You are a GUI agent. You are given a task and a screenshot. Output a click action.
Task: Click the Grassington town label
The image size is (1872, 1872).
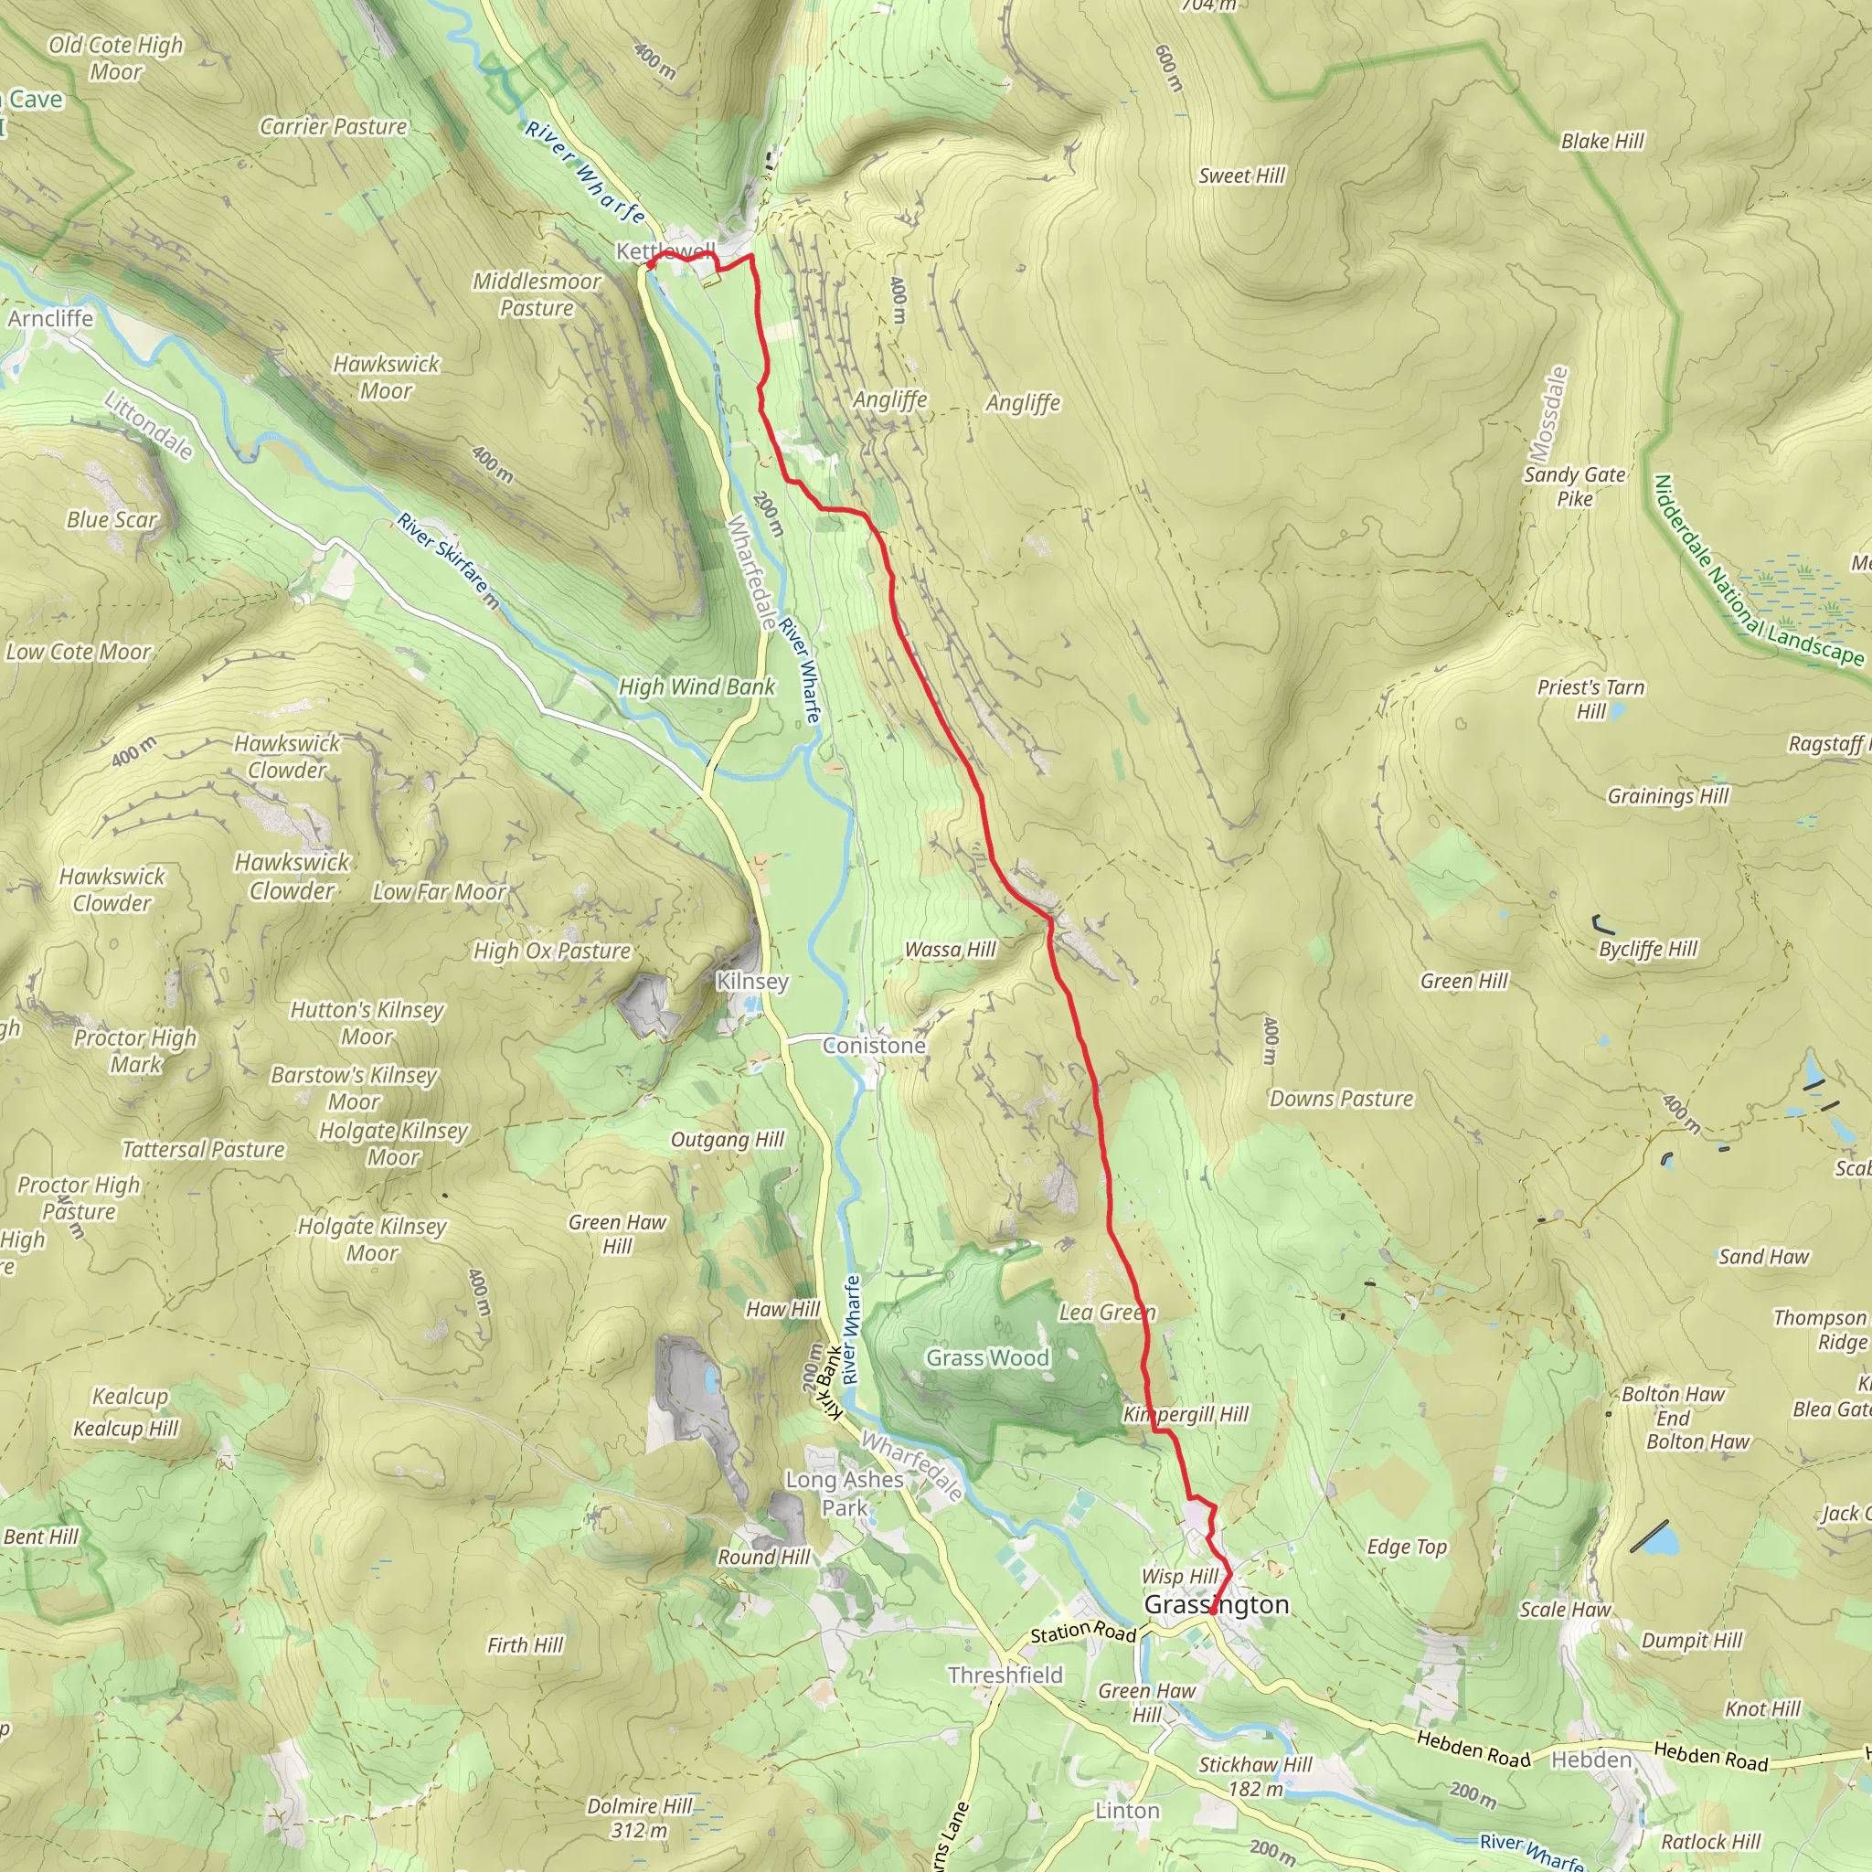(x=1216, y=1604)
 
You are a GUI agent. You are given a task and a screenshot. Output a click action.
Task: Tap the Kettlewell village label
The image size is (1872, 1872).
(x=665, y=251)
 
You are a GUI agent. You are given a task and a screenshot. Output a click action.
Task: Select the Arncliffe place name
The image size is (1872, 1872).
(x=50, y=319)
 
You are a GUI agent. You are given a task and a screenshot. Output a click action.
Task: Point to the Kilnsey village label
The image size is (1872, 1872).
(x=752, y=982)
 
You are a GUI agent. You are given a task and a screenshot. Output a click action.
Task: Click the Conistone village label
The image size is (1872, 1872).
(x=874, y=1046)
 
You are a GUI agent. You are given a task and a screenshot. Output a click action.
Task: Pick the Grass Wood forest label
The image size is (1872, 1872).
(x=987, y=1357)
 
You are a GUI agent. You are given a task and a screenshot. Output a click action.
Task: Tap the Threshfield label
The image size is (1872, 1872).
(x=1005, y=1675)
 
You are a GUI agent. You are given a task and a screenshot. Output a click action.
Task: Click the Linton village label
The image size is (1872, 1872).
(x=1127, y=1811)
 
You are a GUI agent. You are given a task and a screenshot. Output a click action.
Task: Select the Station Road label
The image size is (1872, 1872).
(x=1082, y=1633)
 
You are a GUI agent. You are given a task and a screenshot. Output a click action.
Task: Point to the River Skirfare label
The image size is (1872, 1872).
(x=445, y=559)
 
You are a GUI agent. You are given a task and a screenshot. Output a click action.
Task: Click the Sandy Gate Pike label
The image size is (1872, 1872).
(x=1575, y=486)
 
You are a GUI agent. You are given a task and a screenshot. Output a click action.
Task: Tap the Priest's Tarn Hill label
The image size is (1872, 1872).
(x=1591, y=698)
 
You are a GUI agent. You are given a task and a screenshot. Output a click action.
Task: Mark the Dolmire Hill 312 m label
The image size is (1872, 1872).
(x=640, y=1818)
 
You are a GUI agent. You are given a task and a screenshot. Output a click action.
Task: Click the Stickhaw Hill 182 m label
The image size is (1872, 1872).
(x=1255, y=1777)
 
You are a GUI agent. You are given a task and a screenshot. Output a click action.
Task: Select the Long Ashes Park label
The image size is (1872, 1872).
(x=845, y=1494)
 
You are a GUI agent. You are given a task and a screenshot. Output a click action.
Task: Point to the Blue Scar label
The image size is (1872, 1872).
(x=112, y=520)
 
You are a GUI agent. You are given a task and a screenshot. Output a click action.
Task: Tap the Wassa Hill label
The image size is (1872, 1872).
(x=950, y=950)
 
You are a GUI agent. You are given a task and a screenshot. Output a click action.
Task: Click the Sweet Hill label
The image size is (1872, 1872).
(x=1241, y=175)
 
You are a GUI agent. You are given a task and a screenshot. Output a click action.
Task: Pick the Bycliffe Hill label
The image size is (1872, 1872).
(x=1648, y=949)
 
